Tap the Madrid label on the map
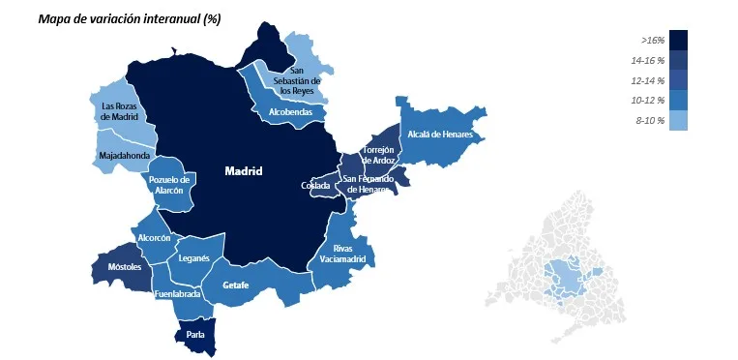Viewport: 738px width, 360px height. pos(244,171)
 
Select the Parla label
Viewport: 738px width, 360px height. pos(195,335)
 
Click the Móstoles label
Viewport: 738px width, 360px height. pos(125,266)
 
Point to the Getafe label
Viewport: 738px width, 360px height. pos(236,285)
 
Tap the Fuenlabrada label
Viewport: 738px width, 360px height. pos(178,293)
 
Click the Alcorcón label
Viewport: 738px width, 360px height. pos(155,237)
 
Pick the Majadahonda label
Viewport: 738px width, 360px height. pos(124,155)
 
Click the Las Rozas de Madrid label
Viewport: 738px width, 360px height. pos(121,110)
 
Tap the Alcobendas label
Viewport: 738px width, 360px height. pos(291,112)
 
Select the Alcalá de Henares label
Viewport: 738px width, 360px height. pos(440,135)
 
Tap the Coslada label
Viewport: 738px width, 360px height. pos(315,185)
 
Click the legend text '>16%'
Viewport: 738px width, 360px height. pos(653,41)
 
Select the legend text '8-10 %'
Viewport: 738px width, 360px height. pos(650,120)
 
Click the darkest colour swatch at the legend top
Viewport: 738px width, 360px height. pos(678,40)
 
